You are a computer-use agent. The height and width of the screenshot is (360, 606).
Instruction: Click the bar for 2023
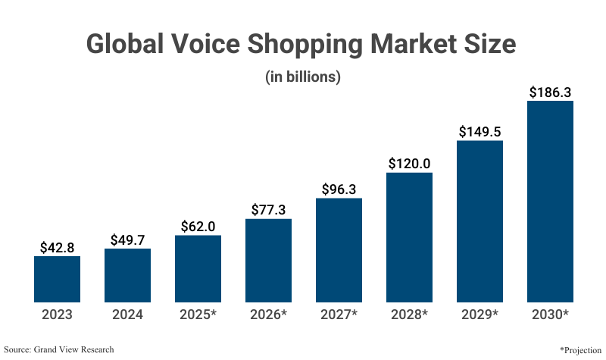[x=57, y=279]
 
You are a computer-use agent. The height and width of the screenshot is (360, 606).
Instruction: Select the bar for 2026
[x=268, y=260]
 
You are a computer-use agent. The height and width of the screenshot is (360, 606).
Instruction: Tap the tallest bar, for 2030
[x=550, y=201]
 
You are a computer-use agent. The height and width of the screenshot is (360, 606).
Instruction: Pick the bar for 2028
[x=409, y=236]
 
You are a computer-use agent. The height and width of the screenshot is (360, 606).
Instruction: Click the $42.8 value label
[x=57, y=247]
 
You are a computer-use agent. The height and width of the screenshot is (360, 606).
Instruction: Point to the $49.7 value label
[x=127, y=240]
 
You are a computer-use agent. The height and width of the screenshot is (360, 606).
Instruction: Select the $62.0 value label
[x=198, y=227]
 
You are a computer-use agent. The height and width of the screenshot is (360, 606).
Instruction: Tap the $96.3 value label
[x=339, y=189]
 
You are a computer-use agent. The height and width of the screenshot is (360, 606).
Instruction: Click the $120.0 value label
[x=409, y=164]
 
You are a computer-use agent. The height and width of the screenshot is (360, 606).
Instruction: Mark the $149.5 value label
[x=479, y=131]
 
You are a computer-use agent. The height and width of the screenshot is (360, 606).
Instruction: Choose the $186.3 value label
[x=550, y=92]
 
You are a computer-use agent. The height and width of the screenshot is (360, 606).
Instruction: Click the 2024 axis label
[x=127, y=314]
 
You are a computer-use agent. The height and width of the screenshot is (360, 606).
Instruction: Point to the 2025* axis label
[x=198, y=314]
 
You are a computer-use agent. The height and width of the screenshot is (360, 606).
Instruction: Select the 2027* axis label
[x=339, y=314]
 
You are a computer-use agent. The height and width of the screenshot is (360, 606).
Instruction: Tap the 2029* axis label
[x=479, y=314]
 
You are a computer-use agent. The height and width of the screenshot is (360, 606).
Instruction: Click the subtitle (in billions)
[x=302, y=77]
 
